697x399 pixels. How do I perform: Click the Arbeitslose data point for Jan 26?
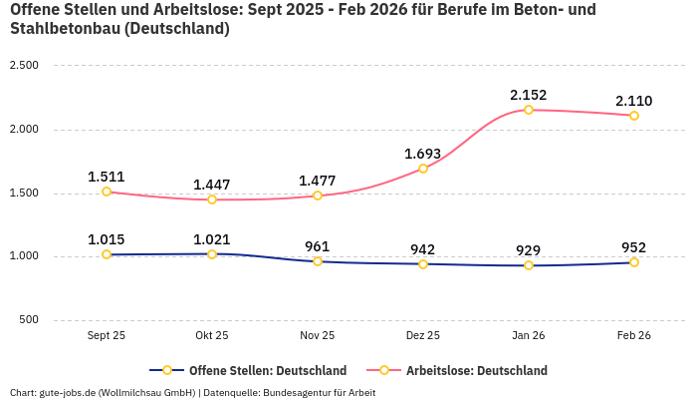pyautogui.click(x=529, y=110)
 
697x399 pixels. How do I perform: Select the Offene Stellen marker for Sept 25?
pyautogui.click(x=107, y=254)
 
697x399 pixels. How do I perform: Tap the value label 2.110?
pyautogui.click(x=633, y=101)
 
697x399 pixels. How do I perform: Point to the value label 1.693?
pyautogui.click(x=422, y=154)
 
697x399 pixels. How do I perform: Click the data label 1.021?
pyautogui.click(x=212, y=239)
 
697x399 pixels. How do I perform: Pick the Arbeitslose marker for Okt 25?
pyautogui.click(x=212, y=199)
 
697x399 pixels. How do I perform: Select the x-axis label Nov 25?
pyautogui.click(x=318, y=336)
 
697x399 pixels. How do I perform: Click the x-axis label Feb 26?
pyautogui.click(x=633, y=336)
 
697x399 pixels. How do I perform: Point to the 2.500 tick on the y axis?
pyautogui.click(x=23, y=66)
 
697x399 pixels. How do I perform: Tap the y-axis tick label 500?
pyautogui.click(x=28, y=320)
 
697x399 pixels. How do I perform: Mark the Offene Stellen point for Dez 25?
pyautogui.click(x=423, y=264)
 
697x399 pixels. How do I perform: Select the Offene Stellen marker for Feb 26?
pyautogui.click(x=634, y=262)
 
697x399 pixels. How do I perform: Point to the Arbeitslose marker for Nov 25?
pyautogui.click(x=318, y=196)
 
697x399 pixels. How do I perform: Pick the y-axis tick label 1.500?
pyautogui.click(x=23, y=193)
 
